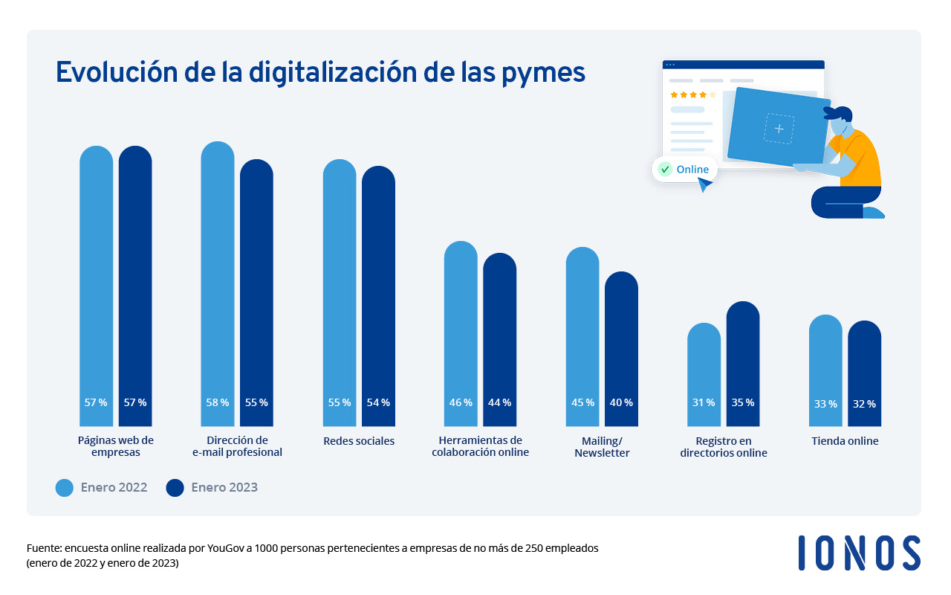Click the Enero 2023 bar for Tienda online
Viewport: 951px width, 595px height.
(864, 372)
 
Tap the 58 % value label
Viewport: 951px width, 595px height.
(217, 402)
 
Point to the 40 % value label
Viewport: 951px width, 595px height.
(621, 402)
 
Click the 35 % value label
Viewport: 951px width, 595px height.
(742, 402)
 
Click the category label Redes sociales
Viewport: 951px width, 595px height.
(359, 441)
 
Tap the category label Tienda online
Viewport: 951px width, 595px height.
(845, 441)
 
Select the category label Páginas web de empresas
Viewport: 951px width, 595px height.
(116, 446)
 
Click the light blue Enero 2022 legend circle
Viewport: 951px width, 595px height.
(65, 488)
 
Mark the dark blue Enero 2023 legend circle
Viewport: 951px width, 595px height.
(175, 488)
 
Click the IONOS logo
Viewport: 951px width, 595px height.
(859, 553)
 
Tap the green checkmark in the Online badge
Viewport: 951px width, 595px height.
(665, 169)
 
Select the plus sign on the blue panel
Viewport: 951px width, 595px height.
(779, 129)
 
